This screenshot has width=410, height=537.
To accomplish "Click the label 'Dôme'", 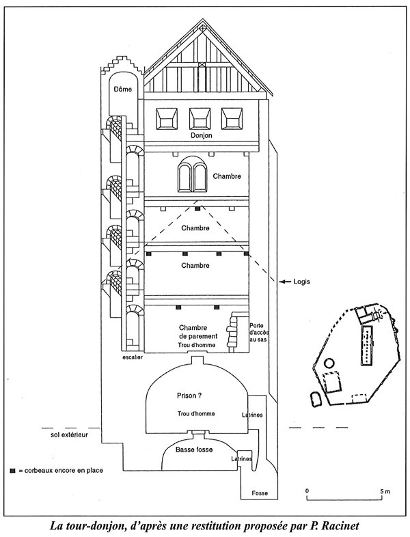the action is click(x=123, y=89).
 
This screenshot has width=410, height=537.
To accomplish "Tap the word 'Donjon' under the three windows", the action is click(x=202, y=135).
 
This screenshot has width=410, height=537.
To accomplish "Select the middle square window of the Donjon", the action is click(x=200, y=118).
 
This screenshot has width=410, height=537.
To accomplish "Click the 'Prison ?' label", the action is click(x=189, y=396).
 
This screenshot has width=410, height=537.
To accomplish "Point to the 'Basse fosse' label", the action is click(x=194, y=450).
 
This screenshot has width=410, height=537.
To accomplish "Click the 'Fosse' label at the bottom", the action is click(x=260, y=493).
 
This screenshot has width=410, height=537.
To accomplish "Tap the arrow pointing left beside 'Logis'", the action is click(x=285, y=281).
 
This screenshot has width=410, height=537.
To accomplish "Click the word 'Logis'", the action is click(x=301, y=281).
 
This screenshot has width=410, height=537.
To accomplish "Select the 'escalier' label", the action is click(x=132, y=357).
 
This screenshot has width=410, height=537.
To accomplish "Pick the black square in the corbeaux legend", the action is click(x=13, y=471).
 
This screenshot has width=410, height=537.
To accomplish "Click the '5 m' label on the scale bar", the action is click(x=385, y=491).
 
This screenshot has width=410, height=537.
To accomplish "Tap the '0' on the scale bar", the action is click(x=307, y=491).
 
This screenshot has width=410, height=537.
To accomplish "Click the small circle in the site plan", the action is click(x=329, y=363).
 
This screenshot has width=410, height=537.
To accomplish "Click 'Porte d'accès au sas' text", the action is click(x=258, y=332).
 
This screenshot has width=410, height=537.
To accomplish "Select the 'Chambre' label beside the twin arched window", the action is click(x=227, y=176).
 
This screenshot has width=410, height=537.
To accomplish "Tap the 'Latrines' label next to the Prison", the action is click(x=252, y=415).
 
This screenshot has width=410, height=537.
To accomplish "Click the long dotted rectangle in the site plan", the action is click(x=368, y=346).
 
